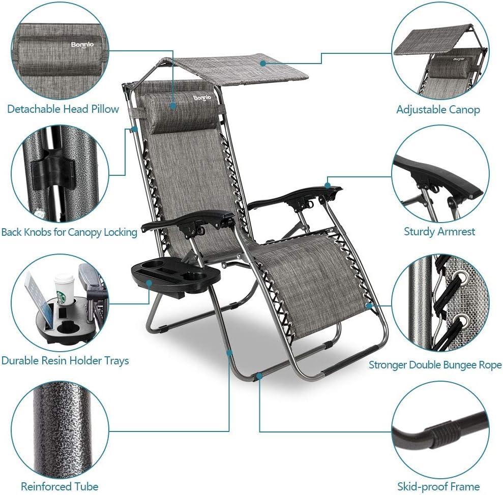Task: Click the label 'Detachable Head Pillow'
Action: (x=63, y=109)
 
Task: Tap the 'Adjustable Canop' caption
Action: (x=438, y=110)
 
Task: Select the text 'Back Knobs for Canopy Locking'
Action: (x=69, y=232)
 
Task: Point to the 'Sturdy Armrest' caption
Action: (x=439, y=231)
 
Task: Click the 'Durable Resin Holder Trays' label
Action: (x=65, y=361)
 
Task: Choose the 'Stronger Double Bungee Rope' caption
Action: (x=435, y=365)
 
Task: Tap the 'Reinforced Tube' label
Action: (x=60, y=486)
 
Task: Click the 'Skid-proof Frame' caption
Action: (x=438, y=487)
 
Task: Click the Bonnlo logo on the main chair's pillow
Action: (x=202, y=98)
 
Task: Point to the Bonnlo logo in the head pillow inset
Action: (x=82, y=45)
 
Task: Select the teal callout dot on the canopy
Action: (x=263, y=64)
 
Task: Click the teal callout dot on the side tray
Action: (x=149, y=283)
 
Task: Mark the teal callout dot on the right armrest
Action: (x=328, y=185)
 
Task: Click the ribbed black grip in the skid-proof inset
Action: (x=443, y=435)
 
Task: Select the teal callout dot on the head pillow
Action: (x=173, y=106)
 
